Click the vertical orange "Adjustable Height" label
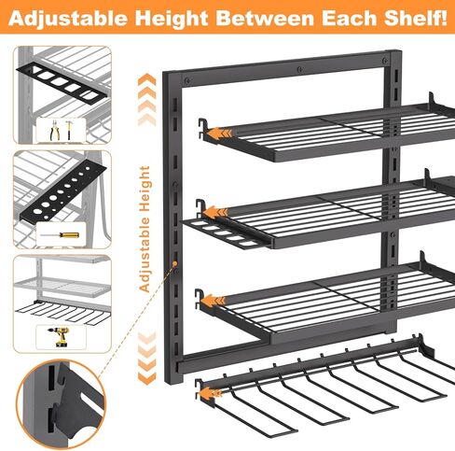[x=145, y=230]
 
